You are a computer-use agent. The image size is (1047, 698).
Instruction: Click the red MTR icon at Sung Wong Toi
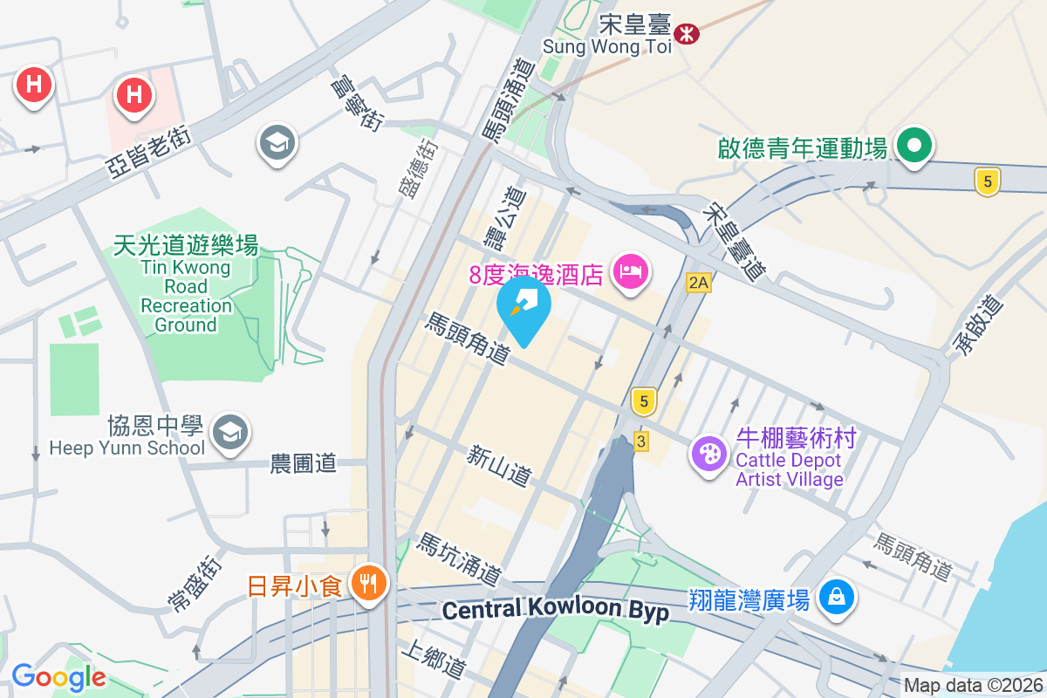(687, 34)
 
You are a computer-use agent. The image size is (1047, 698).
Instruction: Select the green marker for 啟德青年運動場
(914, 145)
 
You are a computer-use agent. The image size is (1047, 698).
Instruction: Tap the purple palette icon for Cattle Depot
(708, 453)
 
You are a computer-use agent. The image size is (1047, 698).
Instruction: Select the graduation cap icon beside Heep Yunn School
(230, 432)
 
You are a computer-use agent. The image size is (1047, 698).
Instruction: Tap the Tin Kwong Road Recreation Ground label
(186, 285)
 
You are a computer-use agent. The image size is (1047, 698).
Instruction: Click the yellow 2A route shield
(699, 282)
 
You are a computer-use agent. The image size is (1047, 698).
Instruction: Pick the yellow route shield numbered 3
(641, 441)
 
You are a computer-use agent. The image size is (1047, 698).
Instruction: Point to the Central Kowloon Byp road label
(555, 609)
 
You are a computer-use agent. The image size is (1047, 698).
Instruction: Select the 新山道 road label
(498, 466)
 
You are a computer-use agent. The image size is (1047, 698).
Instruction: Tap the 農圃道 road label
(303, 463)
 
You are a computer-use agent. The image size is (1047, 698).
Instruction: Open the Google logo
(58, 677)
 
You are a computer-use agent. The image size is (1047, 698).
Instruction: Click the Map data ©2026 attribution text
(974, 686)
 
